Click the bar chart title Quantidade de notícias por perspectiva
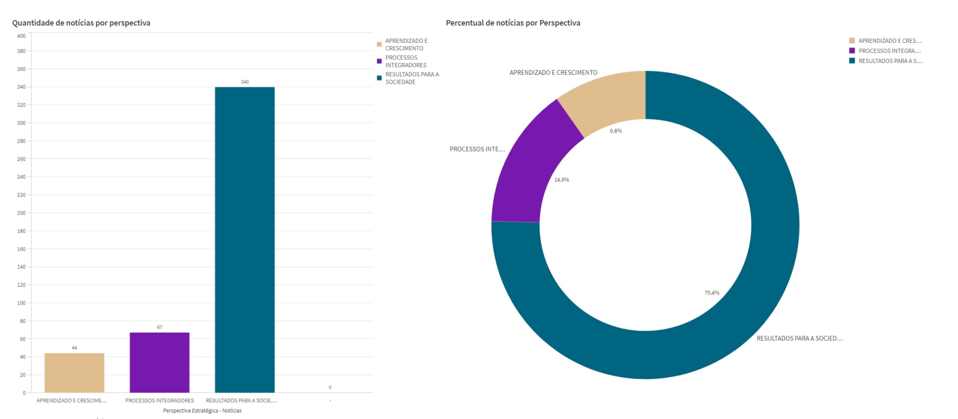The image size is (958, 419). (x=81, y=23)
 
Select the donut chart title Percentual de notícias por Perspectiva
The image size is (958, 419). (x=513, y=23)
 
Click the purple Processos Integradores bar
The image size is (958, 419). (x=160, y=362)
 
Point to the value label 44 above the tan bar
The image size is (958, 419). (x=74, y=348)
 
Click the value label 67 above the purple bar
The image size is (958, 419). (x=160, y=327)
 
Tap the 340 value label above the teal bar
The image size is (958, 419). (x=244, y=82)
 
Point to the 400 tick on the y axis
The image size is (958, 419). (x=21, y=36)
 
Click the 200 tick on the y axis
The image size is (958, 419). (x=21, y=213)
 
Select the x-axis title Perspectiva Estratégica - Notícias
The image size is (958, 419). (x=202, y=411)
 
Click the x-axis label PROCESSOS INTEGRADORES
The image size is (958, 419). (x=160, y=400)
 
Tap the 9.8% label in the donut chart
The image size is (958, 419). (x=616, y=131)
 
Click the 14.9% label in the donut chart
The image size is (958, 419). (x=561, y=180)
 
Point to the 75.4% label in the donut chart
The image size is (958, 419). (x=711, y=293)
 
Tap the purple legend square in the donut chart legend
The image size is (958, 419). (x=852, y=51)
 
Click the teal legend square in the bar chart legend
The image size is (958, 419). (x=379, y=78)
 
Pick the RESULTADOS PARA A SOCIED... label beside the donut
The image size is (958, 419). (x=799, y=338)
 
